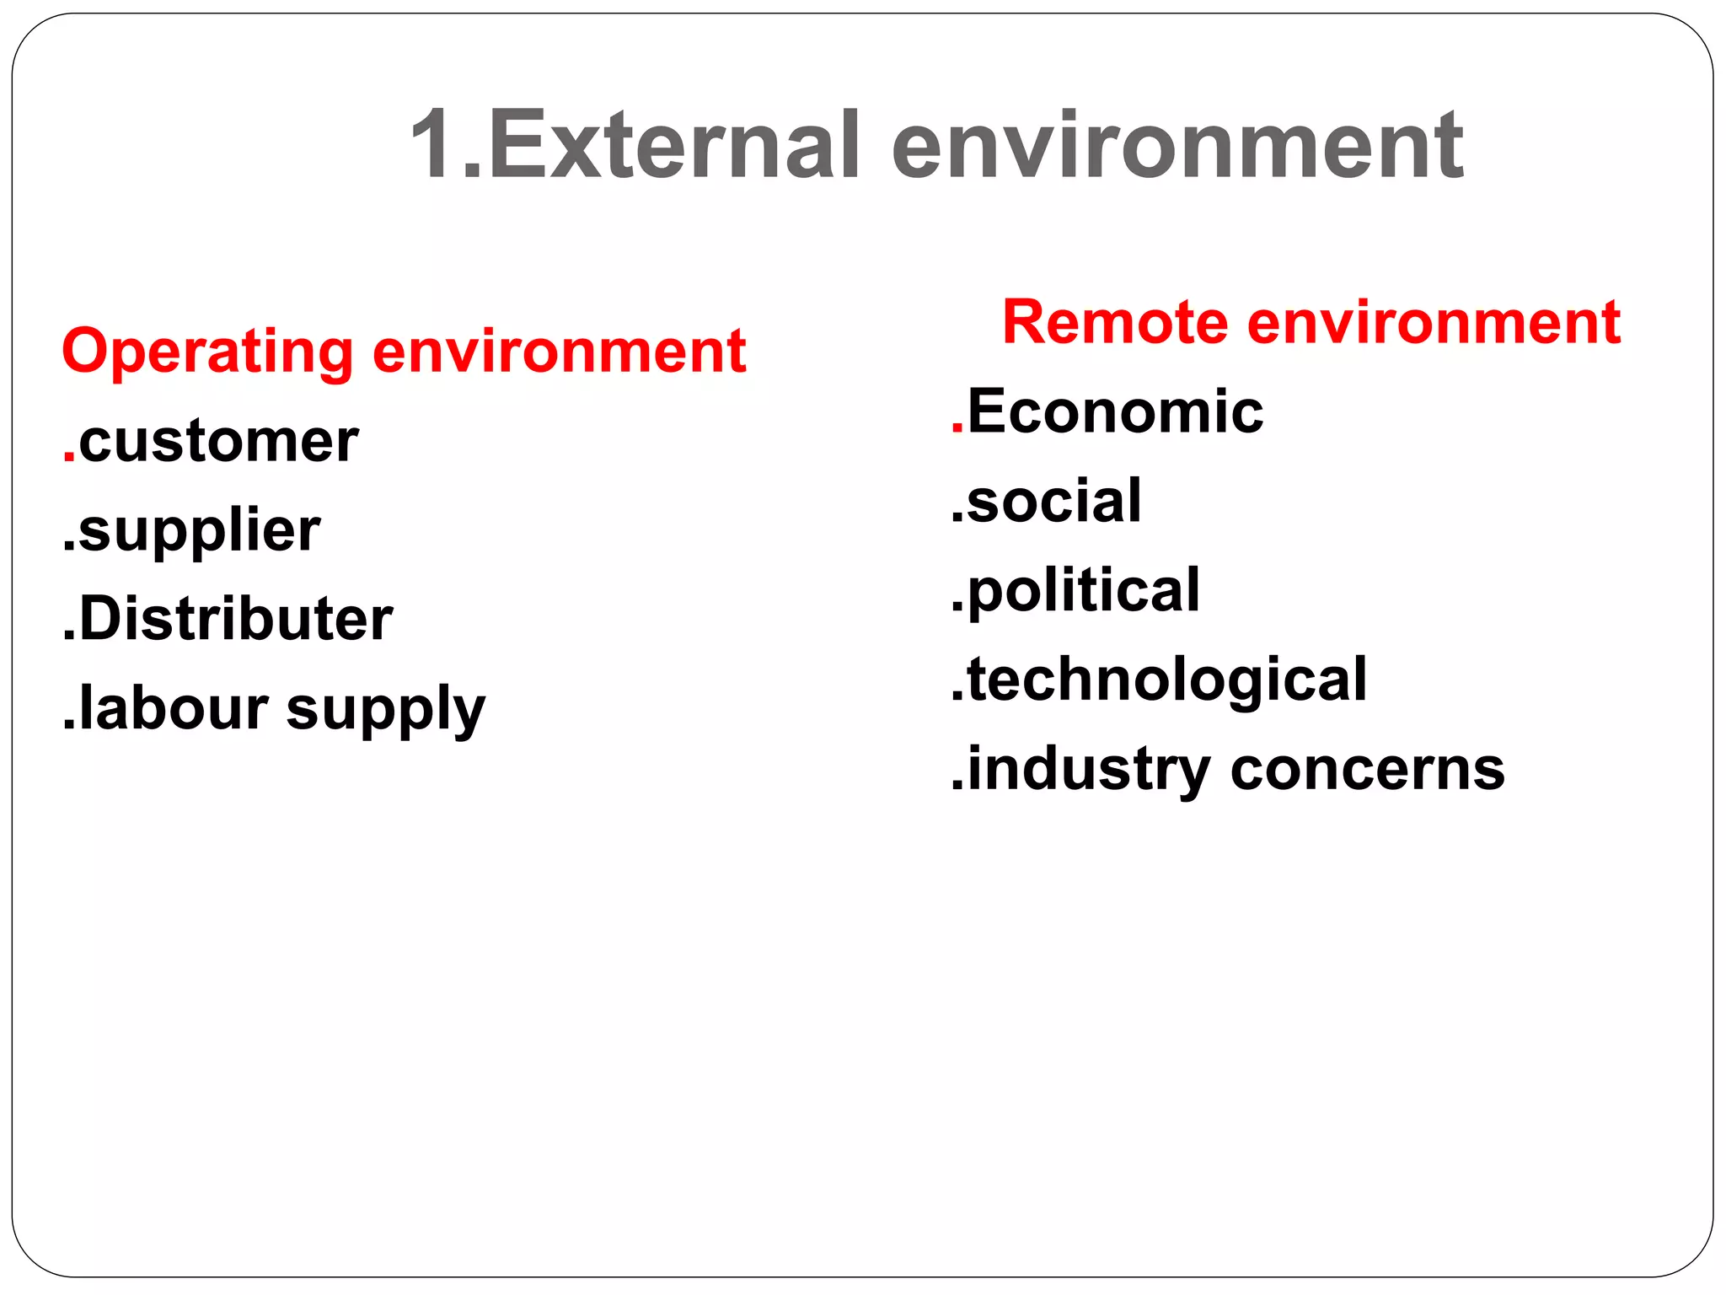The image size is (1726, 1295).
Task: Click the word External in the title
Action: coord(674,145)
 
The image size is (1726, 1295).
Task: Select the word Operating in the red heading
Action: coord(207,352)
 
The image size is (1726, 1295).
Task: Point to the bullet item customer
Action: coord(218,442)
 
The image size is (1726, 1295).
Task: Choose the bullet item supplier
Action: coord(199,531)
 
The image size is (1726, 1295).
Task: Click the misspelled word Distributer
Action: coord(236,619)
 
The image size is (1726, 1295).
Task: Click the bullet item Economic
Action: coord(1115,412)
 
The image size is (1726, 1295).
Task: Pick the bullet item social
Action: coord(1053,501)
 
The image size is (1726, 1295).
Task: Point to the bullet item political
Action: coord(1083,590)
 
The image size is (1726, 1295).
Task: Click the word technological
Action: coord(1166,680)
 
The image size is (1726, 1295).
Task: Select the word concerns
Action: coord(1367,770)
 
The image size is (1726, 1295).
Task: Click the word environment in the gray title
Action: coord(1177,145)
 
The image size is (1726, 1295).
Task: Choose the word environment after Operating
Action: coord(559,352)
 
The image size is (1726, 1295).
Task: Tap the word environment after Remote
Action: coord(1433,323)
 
